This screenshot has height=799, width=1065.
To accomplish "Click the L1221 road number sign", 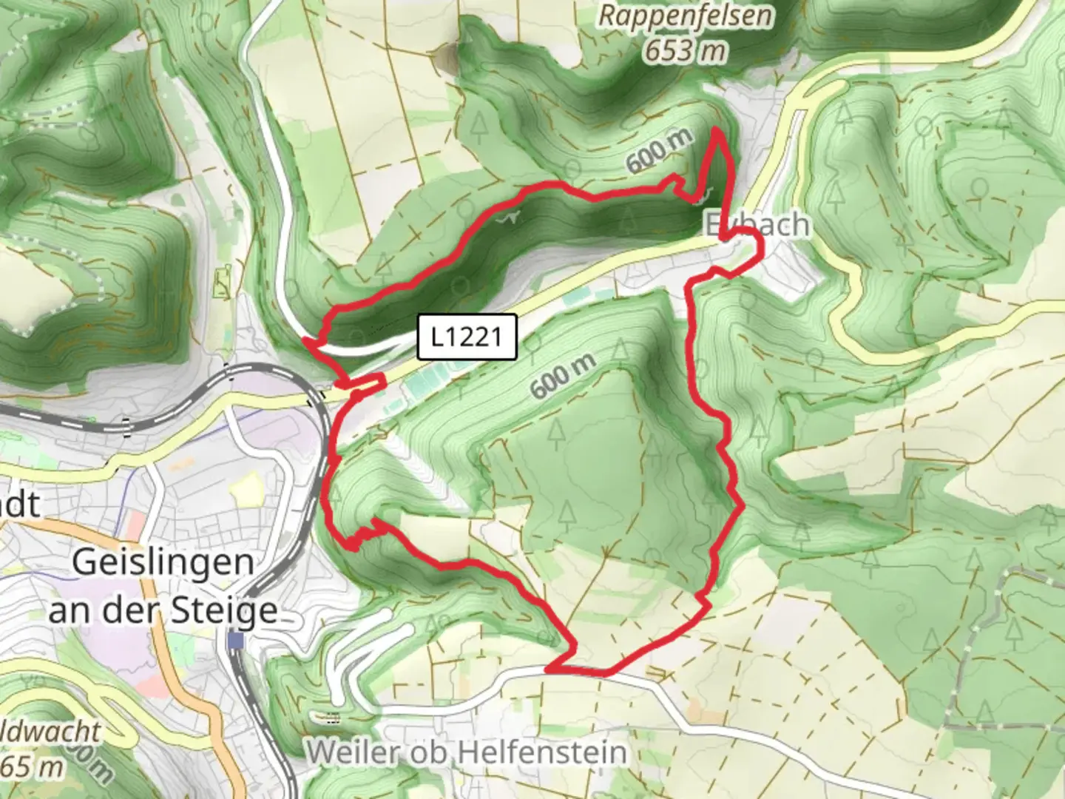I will coord(467,337).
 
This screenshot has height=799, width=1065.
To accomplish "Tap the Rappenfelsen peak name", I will coord(686,16).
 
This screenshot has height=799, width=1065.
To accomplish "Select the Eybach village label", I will coord(756,225).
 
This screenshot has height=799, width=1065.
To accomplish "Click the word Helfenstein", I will coord(542,752).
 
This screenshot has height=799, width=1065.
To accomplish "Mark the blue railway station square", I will coord(236,640).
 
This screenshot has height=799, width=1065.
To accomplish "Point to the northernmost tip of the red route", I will coord(717,130).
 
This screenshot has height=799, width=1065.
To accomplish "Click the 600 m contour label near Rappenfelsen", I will coord(660,150).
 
